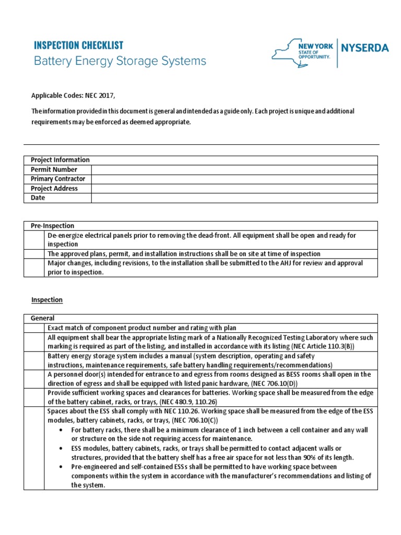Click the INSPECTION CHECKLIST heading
click(78, 45)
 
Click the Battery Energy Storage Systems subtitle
click(120, 61)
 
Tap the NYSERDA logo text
click(364, 49)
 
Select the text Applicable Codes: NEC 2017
click(72, 95)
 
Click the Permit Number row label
click(54, 169)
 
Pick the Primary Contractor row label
click(57, 179)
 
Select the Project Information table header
click(60, 160)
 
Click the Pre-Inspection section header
click(52, 226)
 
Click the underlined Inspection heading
click(46, 300)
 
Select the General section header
click(43, 318)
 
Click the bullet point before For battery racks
click(61, 430)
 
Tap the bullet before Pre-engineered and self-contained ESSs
click(61, 467)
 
